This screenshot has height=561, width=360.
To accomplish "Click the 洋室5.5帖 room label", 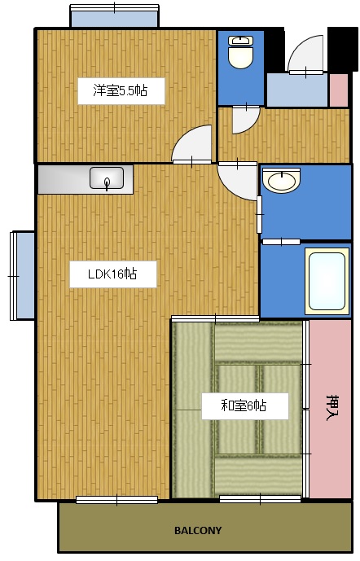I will tap(121, 90).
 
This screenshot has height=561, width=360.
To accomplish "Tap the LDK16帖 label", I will tap(112, 274).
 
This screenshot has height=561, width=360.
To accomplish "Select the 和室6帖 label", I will tap(244, 405).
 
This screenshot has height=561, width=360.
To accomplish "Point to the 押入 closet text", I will tap(332, 406).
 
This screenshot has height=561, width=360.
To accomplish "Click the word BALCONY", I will tap(198, 530).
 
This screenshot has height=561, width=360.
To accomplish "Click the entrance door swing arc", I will tap(304, 55).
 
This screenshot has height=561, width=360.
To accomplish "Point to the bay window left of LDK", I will tap(22, 275).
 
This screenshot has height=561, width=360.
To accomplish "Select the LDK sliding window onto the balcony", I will tap(116, 499).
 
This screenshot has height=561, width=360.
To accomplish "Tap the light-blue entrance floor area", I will tap(296, 90).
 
